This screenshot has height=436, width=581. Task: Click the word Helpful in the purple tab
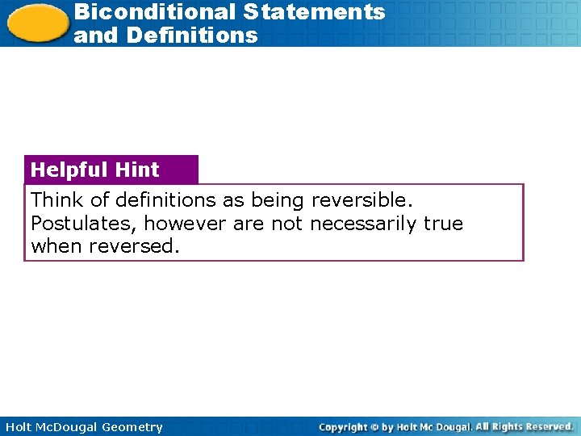[x=69, y=170]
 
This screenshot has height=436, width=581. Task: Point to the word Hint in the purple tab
[x=137, y=170]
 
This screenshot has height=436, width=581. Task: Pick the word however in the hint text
[x=186, y=223]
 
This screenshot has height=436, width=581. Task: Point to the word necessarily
[x=363, y=223]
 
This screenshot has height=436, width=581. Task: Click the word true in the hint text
[x=443, y=223]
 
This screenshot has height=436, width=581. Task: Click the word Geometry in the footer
[x=132, y=427]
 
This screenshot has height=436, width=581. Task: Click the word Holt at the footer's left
[x=19, y=427]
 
